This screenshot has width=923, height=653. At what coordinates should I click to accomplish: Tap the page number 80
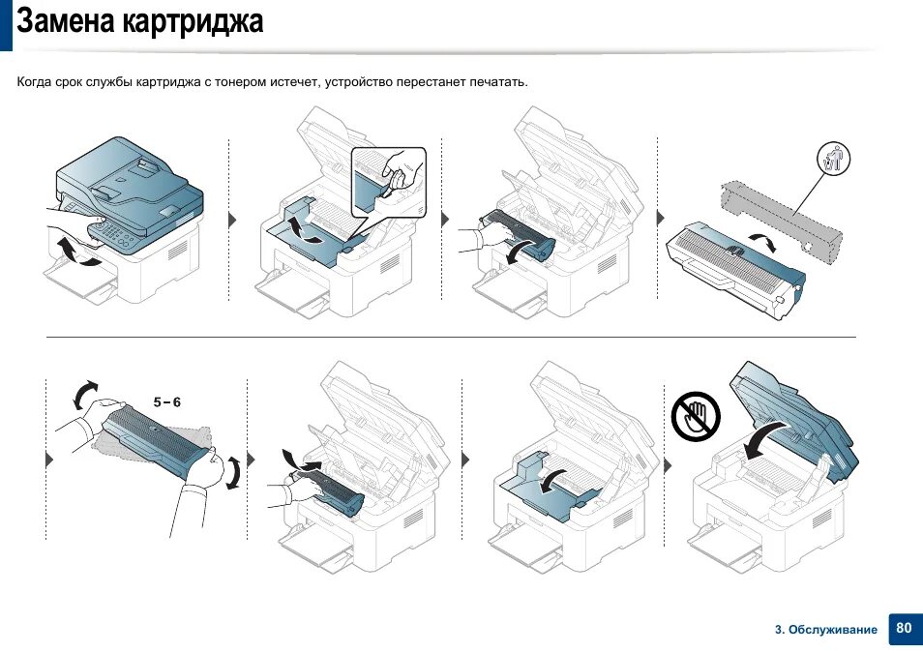pos(904,628)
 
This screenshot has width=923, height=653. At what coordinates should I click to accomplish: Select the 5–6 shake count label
pos(167,401)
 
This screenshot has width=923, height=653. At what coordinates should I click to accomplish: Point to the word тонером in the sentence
pos(251,82)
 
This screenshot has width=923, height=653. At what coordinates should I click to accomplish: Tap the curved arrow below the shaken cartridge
pos(233,472)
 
